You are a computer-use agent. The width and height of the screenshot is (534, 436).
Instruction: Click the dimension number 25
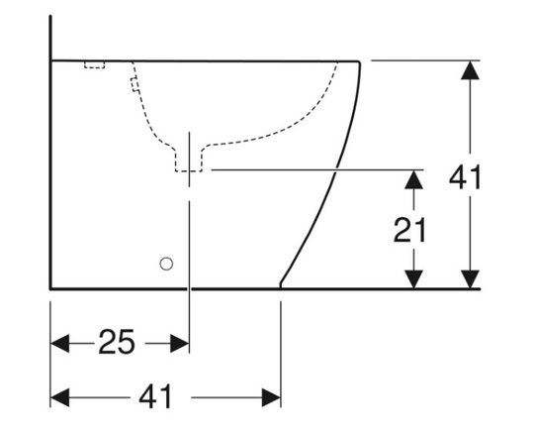tap(117, 342)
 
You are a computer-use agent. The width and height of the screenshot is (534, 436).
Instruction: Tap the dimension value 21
tap(409, 230)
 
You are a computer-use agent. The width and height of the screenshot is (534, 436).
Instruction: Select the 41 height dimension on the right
tap(465, 176)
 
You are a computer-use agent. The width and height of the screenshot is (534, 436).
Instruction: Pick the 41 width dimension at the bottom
tap(155, 396)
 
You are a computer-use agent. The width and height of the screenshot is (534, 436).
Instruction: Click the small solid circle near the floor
tap(166, 264)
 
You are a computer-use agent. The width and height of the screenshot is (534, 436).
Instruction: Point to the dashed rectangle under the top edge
tap(94, 64)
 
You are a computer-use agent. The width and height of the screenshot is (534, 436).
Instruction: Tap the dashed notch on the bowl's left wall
tap(134, 84)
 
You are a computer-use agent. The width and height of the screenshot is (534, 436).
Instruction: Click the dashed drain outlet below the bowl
tap(189, 160)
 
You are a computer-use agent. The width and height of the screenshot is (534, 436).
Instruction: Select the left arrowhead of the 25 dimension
tap(59, 343)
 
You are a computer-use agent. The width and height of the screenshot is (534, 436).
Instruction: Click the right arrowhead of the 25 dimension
tap(180, 343)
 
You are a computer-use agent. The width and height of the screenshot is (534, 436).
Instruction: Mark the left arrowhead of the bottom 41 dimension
tap(59, 397)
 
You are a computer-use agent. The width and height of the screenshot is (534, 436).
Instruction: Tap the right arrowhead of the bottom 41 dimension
tap(271, 397)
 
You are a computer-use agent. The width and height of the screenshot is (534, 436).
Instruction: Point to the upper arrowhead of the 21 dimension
tap(413, 179)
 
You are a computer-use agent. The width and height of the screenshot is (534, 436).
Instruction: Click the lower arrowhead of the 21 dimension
tap(413, 279)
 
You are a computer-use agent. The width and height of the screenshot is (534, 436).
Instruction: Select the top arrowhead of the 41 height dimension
tap(470, 70)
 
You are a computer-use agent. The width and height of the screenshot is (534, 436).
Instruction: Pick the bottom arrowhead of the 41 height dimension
tap(470, 279)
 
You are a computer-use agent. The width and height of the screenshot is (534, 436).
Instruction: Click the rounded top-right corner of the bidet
tap(359, 62)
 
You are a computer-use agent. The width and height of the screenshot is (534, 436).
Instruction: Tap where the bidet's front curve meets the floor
tap(280, 287)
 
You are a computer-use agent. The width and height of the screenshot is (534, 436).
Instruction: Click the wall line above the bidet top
tap(50, 38)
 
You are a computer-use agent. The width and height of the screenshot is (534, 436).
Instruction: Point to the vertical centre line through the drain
tap(189, 242)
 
